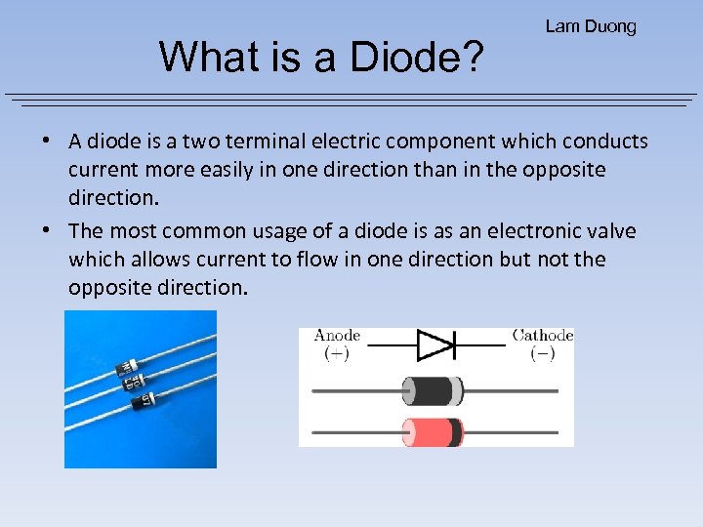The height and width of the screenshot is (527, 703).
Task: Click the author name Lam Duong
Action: [591, 26]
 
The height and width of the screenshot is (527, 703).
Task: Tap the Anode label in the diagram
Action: [337, 336]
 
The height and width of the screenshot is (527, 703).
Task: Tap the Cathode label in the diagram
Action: [542, 336]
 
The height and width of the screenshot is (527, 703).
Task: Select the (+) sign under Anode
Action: [337, 353]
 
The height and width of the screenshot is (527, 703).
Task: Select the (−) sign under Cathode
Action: [542, 353]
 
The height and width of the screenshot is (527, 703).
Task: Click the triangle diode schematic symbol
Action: [435, 345]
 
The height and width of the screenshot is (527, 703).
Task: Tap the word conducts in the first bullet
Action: [603, 142]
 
